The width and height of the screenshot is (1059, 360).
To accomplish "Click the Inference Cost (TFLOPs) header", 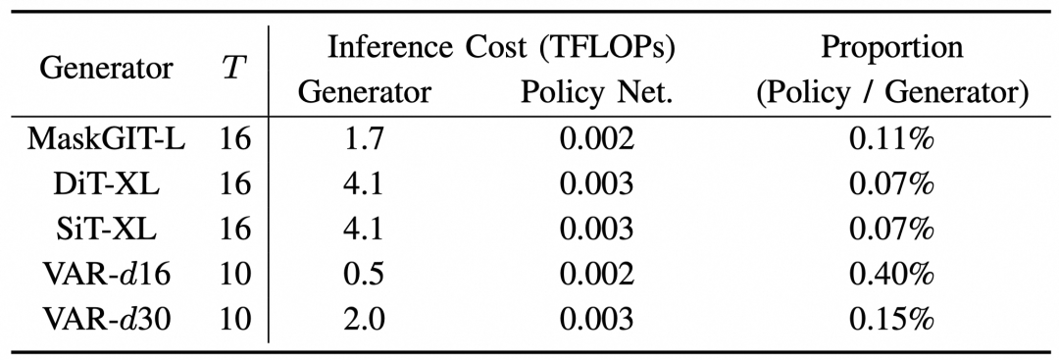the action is tap(501, 49).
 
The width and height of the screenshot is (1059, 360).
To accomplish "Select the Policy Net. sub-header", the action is tap(596, 93).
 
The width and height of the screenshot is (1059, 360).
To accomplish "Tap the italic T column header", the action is tap(230, 69).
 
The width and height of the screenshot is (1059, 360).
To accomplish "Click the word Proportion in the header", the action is tap(891, 49).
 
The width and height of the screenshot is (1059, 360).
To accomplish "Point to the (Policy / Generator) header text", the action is tap(891, 93).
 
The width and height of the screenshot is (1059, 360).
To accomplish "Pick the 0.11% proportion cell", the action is tap(891, 140).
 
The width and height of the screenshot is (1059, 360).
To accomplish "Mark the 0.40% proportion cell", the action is tap(891, 275).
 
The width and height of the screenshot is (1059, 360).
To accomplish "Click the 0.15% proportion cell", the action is tap(891, 319).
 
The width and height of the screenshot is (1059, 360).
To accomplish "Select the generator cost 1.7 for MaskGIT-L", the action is tap(365, 140).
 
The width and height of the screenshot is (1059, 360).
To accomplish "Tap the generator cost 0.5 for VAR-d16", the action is tap(365, 275).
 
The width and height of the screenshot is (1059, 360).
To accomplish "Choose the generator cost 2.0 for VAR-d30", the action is tap(365, 319).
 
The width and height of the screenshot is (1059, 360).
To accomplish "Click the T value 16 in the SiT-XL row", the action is tap(235, 230).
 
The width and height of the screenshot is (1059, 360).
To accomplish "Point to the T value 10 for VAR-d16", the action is tap(235, 275).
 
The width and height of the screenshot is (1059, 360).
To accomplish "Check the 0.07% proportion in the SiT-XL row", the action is tap(891, 230).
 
